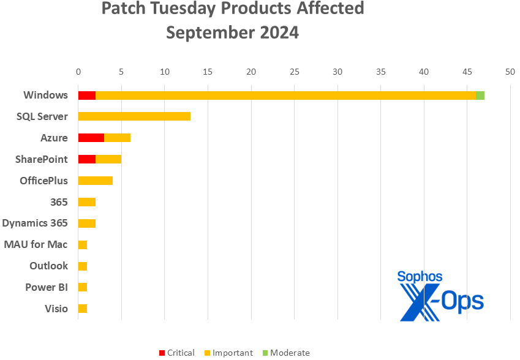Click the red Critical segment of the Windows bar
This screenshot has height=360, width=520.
tap(86, 95)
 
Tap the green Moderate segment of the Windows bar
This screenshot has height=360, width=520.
tap(480, 95)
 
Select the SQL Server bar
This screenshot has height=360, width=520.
tap(134, 116)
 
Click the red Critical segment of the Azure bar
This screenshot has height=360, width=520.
tap(91, 138)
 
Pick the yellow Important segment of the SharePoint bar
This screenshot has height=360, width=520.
tap(108, 159)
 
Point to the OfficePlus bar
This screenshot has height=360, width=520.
tap(95, 181)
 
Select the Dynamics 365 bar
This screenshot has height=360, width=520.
tap(86, 223)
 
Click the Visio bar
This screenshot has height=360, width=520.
tap(82, 309)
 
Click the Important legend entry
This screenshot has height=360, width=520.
tap(228, 353)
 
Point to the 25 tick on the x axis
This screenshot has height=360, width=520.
tap(294, 72)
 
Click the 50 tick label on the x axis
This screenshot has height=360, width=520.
tap(510, 72)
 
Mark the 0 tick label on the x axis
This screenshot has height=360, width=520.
tap(78, 72)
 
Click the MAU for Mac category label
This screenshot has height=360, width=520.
tap(36, 244)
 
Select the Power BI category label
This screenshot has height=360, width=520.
tap(47, 287)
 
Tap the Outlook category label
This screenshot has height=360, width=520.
tap(49, 266)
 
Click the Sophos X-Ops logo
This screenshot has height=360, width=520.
tap(440, 296)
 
